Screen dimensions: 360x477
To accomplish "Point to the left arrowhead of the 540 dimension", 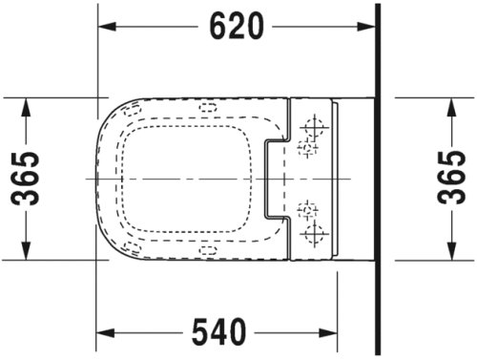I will click(106, 332).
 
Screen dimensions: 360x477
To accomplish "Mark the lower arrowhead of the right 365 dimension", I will click(451, 252).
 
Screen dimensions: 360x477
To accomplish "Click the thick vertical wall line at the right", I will click(381, 180).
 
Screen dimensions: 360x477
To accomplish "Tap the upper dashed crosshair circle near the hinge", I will click(307, 148).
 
